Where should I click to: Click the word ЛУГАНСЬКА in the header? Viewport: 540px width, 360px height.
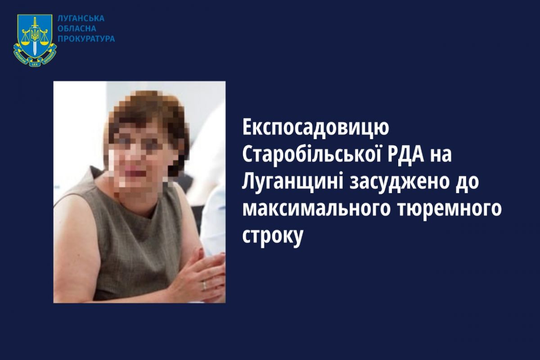(x=81, y=18)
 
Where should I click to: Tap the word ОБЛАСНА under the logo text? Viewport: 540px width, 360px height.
(x=77, y=29)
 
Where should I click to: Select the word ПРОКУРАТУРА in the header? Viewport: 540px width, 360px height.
(x=86, y=39)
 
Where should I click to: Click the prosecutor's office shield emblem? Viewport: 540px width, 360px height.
(x=35, y=40)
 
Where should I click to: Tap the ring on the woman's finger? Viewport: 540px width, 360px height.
(x=204, y=285)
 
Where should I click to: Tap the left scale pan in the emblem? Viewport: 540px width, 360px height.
(x=25, y=41)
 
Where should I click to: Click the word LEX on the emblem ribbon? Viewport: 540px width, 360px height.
(x=35, y=64)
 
